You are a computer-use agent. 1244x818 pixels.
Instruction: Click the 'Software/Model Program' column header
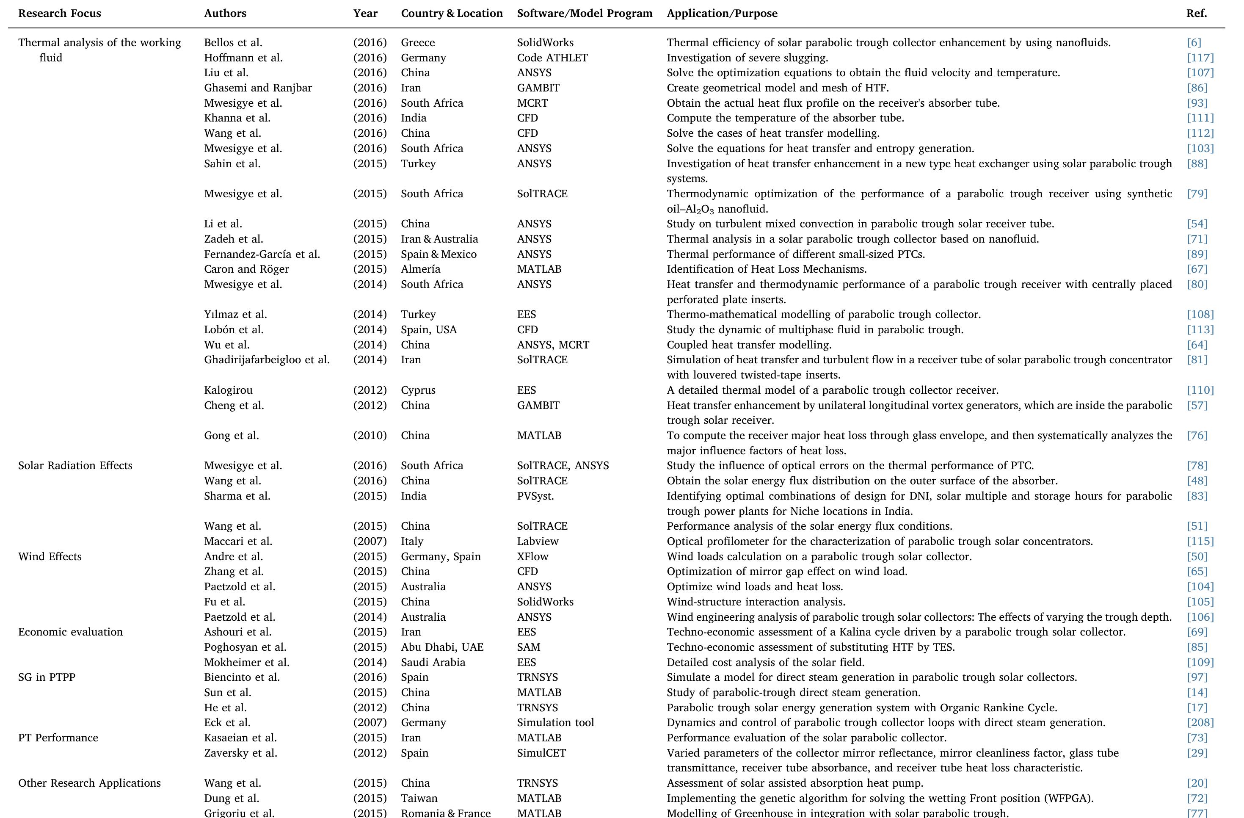(x=585, y=14)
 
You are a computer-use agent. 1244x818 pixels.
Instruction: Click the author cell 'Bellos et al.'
(x=233, y=43)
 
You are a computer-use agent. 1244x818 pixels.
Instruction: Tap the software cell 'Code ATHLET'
(x=552, y=58)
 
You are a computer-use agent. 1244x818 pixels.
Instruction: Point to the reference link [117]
(x=1200, y=58)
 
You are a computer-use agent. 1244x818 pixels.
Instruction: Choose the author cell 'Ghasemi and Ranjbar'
(x=258, y=88)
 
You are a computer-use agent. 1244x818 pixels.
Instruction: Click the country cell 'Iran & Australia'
(x=439, y=239)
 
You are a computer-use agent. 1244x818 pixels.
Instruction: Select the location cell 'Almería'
(x=420, y=269)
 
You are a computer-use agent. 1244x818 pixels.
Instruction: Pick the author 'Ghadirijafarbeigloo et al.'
(x=267, y=359)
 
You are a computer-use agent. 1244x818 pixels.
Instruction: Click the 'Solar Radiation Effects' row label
(x=75, y=466)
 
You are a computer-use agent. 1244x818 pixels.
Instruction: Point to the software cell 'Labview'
(x=537, y=542)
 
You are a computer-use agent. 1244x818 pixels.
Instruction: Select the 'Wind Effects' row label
(x=50, y=557)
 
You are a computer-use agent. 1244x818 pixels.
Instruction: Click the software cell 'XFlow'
(x=532, y=557)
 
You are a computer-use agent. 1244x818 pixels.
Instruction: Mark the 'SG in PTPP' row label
(x=47, y=677)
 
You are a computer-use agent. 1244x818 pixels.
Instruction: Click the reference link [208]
(x=1200, y=723)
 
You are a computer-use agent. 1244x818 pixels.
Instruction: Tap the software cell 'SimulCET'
(x=541, y=753)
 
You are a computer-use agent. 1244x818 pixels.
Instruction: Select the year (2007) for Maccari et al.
(x=370, y=542)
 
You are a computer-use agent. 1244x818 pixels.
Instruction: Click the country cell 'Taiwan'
(x=419, y=799)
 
